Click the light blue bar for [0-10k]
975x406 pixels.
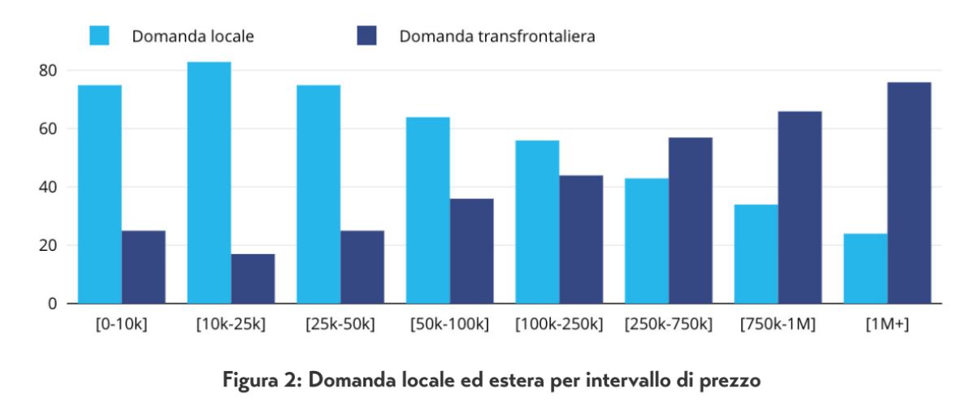[100, 195]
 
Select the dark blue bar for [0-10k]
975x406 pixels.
[144, 267]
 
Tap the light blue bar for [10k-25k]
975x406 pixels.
[209, 183]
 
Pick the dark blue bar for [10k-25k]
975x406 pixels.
[253, 279]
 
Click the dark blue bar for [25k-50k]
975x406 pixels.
[362, 267]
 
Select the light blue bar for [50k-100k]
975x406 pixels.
[428, 210]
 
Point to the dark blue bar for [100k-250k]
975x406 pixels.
[581, 240]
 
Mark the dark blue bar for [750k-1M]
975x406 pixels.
[800, 207]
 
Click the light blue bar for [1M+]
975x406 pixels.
[866, 269]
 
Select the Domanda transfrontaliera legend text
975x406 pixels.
[497, 37]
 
